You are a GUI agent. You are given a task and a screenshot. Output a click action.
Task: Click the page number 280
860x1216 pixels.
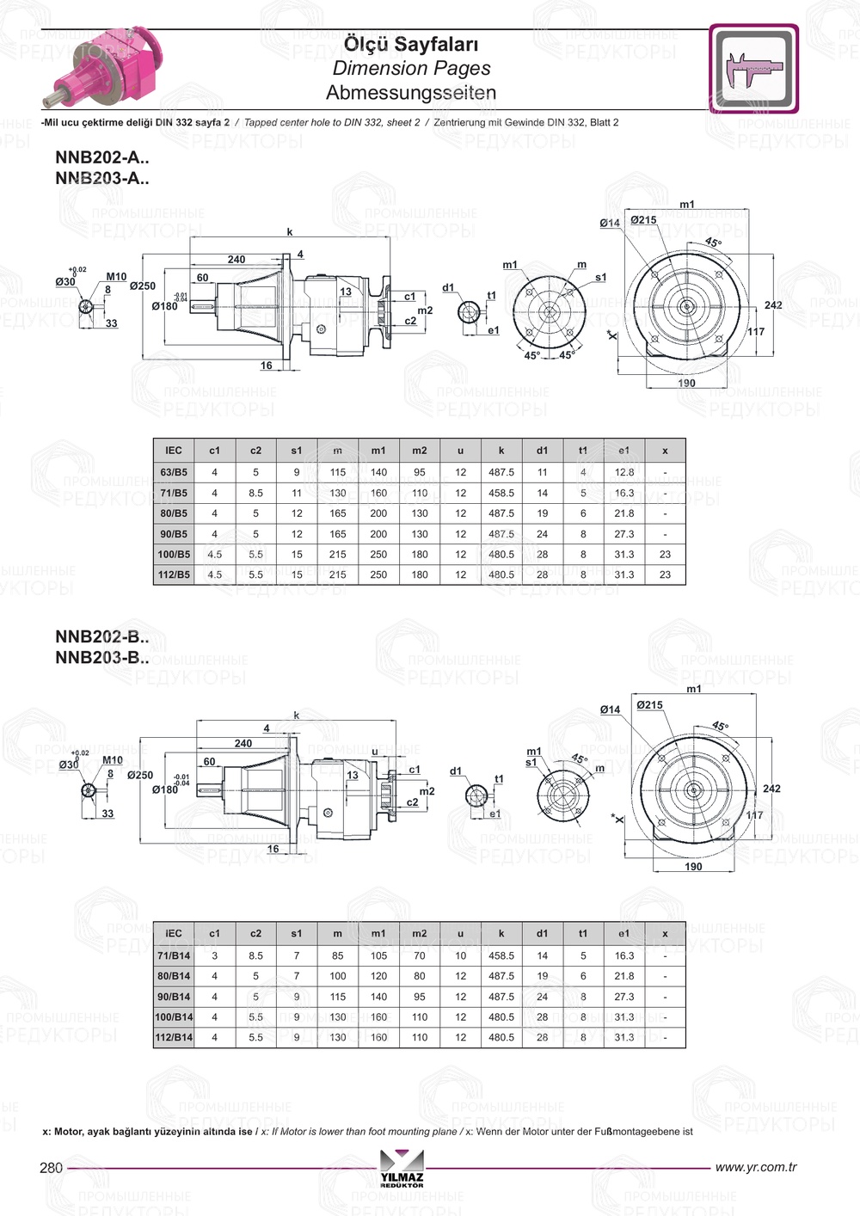[52, 1168]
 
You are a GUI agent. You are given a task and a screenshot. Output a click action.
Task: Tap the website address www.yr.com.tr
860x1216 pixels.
[755, 1167]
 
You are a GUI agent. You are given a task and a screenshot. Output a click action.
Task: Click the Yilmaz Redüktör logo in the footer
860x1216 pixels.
[402, 1168]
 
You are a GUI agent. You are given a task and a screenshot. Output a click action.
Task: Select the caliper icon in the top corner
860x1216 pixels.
[753, 69]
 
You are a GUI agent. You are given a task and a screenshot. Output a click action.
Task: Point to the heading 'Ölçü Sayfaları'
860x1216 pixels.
[411, 44]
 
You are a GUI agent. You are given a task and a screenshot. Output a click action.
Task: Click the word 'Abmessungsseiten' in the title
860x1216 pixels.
[411, 92]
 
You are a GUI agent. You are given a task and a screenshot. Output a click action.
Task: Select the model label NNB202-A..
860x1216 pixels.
[101, 157]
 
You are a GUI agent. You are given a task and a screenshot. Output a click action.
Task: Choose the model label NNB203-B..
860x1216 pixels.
[101, 658]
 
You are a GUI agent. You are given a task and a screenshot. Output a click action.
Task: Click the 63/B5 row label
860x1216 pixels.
[174, 472]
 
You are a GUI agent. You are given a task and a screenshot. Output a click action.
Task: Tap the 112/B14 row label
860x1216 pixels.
[174, 1037]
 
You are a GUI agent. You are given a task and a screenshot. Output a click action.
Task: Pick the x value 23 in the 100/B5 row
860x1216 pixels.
[665, 555]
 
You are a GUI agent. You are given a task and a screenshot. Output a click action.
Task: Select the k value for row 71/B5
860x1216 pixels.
[501, 493]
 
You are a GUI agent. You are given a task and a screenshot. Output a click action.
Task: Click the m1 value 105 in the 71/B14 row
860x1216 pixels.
[378, 955]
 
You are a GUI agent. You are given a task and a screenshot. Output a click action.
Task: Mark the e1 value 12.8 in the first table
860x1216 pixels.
[624, 472]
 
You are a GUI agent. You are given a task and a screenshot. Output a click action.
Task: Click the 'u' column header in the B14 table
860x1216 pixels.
[460, 933]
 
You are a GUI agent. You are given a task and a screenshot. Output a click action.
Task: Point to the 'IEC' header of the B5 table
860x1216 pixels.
[174, 451]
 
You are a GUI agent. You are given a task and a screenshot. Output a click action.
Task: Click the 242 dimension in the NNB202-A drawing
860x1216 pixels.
[773, 305]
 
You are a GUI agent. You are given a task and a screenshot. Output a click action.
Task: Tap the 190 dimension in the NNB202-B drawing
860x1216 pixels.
[693, 866]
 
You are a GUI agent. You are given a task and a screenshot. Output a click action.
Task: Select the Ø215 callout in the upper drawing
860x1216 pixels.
[643, 220]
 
